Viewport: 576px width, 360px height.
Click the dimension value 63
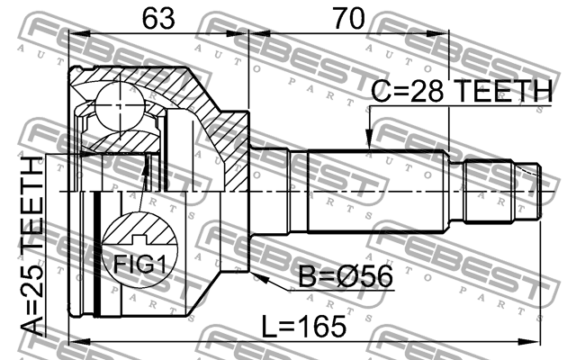[x=158, y=18]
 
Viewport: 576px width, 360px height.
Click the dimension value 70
[x=349, y=18]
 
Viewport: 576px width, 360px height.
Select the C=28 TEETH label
[x=462, y=91]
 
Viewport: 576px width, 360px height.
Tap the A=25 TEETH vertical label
[x=31, y=246]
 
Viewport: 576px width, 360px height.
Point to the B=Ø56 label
[x=346, y=276]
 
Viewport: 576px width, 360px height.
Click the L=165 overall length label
[x=303, y=327]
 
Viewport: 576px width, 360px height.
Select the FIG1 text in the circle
[x=139, y=264]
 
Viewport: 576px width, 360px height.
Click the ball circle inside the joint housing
[x=120, y=106]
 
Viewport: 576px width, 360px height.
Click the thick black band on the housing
[x=97, y=254]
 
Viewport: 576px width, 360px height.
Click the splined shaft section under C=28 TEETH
[x=378, y=192]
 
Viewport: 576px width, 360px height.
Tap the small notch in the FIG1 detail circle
[x=139, y=239]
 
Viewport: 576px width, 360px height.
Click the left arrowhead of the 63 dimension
[x=79, y=34]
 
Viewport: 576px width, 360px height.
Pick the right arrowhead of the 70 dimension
[x=438, y=34]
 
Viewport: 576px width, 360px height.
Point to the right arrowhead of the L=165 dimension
[x=531, y=342]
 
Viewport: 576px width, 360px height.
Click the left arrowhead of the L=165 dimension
[x=79, y=342]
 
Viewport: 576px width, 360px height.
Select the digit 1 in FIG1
[x=160, y=264]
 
